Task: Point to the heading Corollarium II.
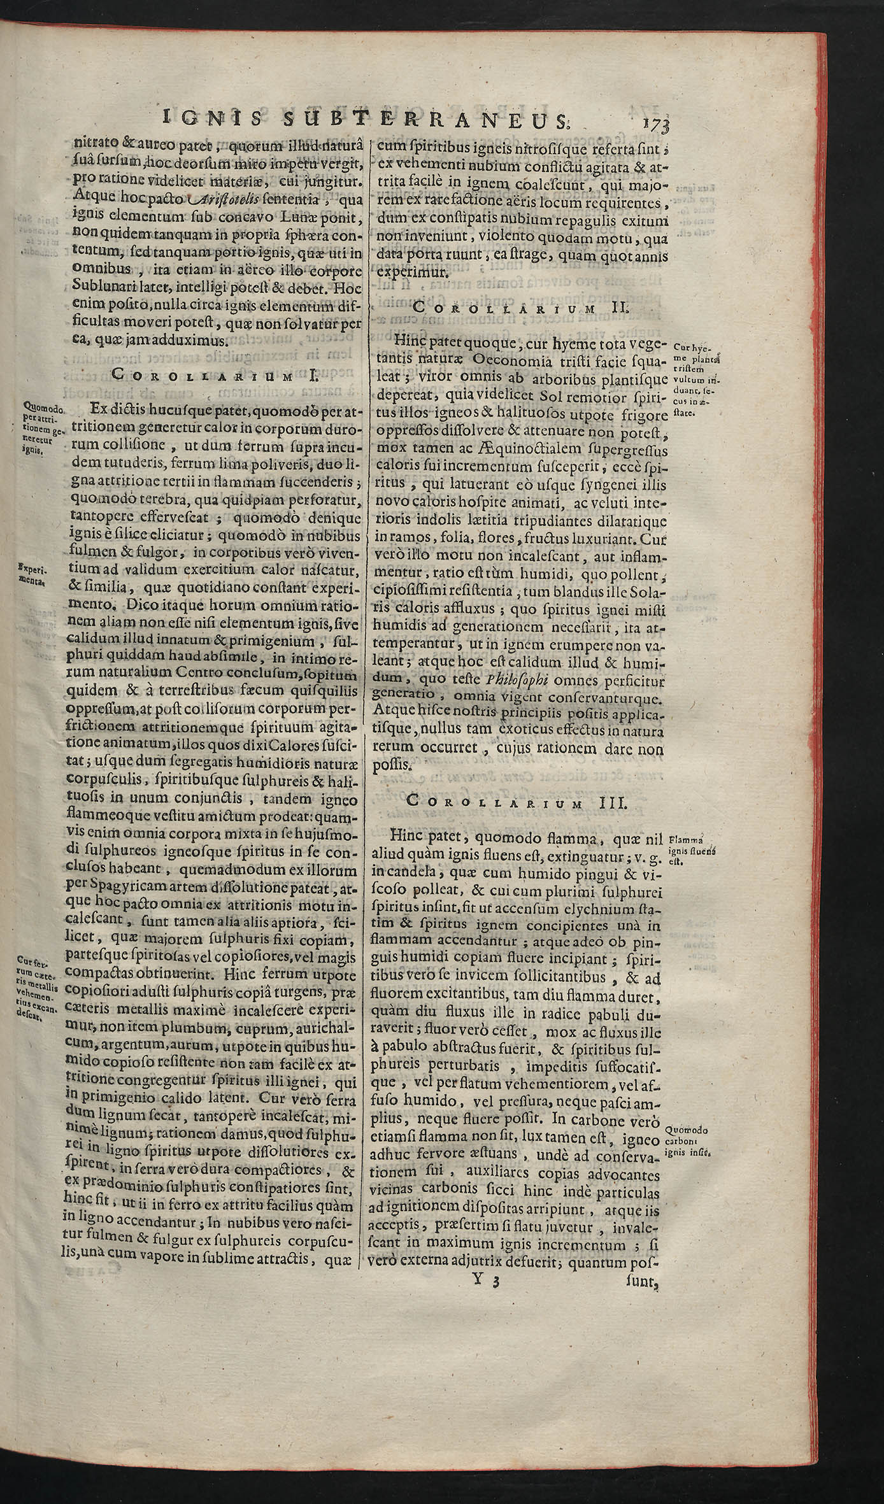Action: tap(520, 308)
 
